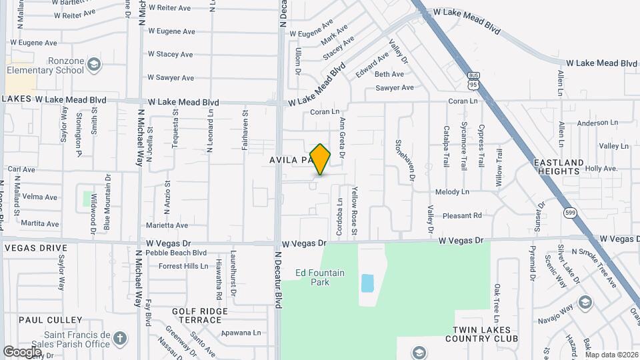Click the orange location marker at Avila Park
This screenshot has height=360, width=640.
click(x=320, y=159)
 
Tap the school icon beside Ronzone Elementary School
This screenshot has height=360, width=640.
click(x=94, y=65)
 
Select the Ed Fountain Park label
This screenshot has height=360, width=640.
click(x=320, y=277)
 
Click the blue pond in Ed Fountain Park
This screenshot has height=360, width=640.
click(x=367, y=283)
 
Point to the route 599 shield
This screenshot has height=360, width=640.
click(x=569, y=213)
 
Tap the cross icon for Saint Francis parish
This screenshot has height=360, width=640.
click(x=120, y=339)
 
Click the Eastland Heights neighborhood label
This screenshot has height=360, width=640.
click(x=558, y=167)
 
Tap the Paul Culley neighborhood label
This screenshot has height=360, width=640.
click(x=50, y=320)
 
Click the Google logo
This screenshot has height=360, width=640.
click(x=22, y=351)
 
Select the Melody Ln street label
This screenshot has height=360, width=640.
click(x=452, y=192)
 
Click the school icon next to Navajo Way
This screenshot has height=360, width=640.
click(x=585, y=302)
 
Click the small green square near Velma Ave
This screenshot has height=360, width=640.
click(x=88, y=198)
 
